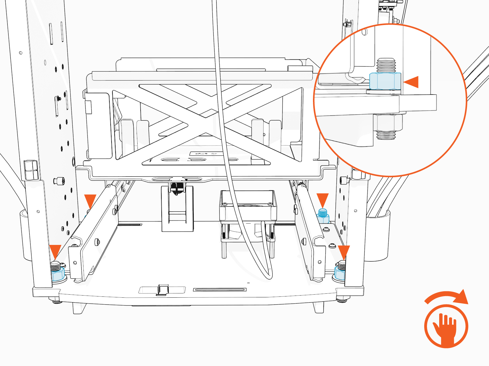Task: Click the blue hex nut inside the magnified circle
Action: (385, 81)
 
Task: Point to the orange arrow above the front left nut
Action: (55, 251)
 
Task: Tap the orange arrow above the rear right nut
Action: (322, 199)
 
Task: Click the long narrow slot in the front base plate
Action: (219, 289)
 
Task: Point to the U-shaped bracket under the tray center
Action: (177, 210)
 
